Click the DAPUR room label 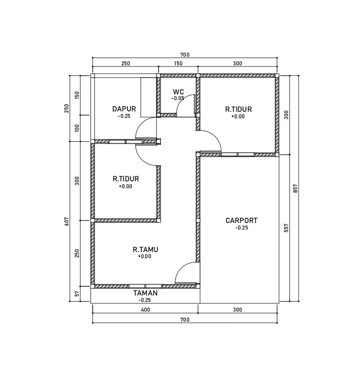124,109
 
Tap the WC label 178,92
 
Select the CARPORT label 242,220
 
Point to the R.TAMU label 146,250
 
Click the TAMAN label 146,293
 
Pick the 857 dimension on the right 295,188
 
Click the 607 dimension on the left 67,221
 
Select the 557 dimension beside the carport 287,228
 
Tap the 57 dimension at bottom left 77,294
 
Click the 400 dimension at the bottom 146,310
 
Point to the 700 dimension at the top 185,55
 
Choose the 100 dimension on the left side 77,128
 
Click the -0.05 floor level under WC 178,98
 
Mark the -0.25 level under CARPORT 242,227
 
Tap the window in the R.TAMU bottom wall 145,286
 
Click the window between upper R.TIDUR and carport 238,155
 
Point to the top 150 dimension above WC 178,64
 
